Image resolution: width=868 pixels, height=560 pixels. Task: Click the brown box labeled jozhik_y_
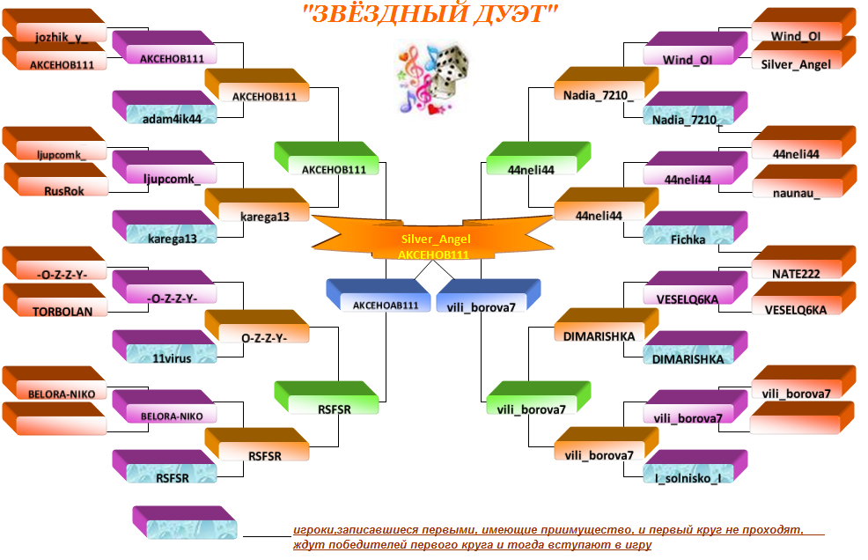point(55,26)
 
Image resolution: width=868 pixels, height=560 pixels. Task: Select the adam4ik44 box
point(165,107)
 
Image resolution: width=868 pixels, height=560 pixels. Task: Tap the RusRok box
point(56,180)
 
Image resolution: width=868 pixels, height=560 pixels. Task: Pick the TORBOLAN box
point(55,300)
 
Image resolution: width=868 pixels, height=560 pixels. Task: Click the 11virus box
point(165,347)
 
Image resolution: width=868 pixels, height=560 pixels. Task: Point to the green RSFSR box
point(327,398)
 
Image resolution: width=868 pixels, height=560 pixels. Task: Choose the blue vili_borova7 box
point(489,295)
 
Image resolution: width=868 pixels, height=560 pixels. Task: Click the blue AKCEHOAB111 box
point(379,295)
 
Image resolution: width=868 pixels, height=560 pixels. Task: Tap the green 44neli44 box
point(539,158)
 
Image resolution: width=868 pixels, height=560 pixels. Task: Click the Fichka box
point(695,228)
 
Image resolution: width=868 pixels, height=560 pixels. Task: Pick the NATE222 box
point(804,262)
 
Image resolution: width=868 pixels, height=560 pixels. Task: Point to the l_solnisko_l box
point(695,467)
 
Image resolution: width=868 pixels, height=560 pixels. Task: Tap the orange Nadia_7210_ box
point(607,84)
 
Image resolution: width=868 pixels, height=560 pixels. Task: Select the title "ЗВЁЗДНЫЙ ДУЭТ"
point(430,14)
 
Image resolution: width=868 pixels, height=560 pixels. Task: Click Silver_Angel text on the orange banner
point(436,239)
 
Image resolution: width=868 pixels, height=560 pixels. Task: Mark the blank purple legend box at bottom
point(185,522)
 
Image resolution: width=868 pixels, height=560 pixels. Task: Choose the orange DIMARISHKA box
point(607,325)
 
